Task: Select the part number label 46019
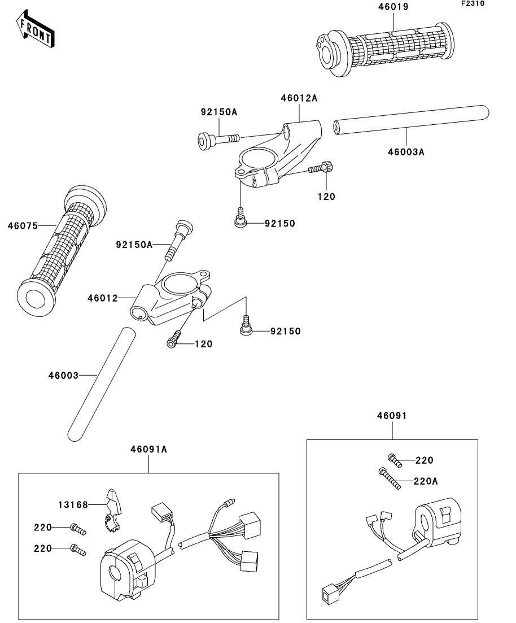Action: pyautogui.click(x=393, y=6)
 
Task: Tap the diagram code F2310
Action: pyautogui.click(x=473, y=3)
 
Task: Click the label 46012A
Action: pyautogui.click(x=299, y=98)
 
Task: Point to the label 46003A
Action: pyautogui.click(x=406, y=152)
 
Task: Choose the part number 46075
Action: pyautogui.click(x=23, y=226)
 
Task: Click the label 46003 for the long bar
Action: pyautogui.click(x=64, y=375)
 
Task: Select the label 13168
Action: pyautogui.click(x=73, y=504)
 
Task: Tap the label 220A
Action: pyautogui.click(x=426, y=481)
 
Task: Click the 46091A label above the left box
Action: pyautogui.click(x=148, y=449)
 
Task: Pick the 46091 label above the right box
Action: pyautogui.click(x=392, y=416)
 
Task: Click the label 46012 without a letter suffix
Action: pyautogui.click(x=103, y=298)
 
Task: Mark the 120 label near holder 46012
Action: pyautogui.click(x=203, y=343)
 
